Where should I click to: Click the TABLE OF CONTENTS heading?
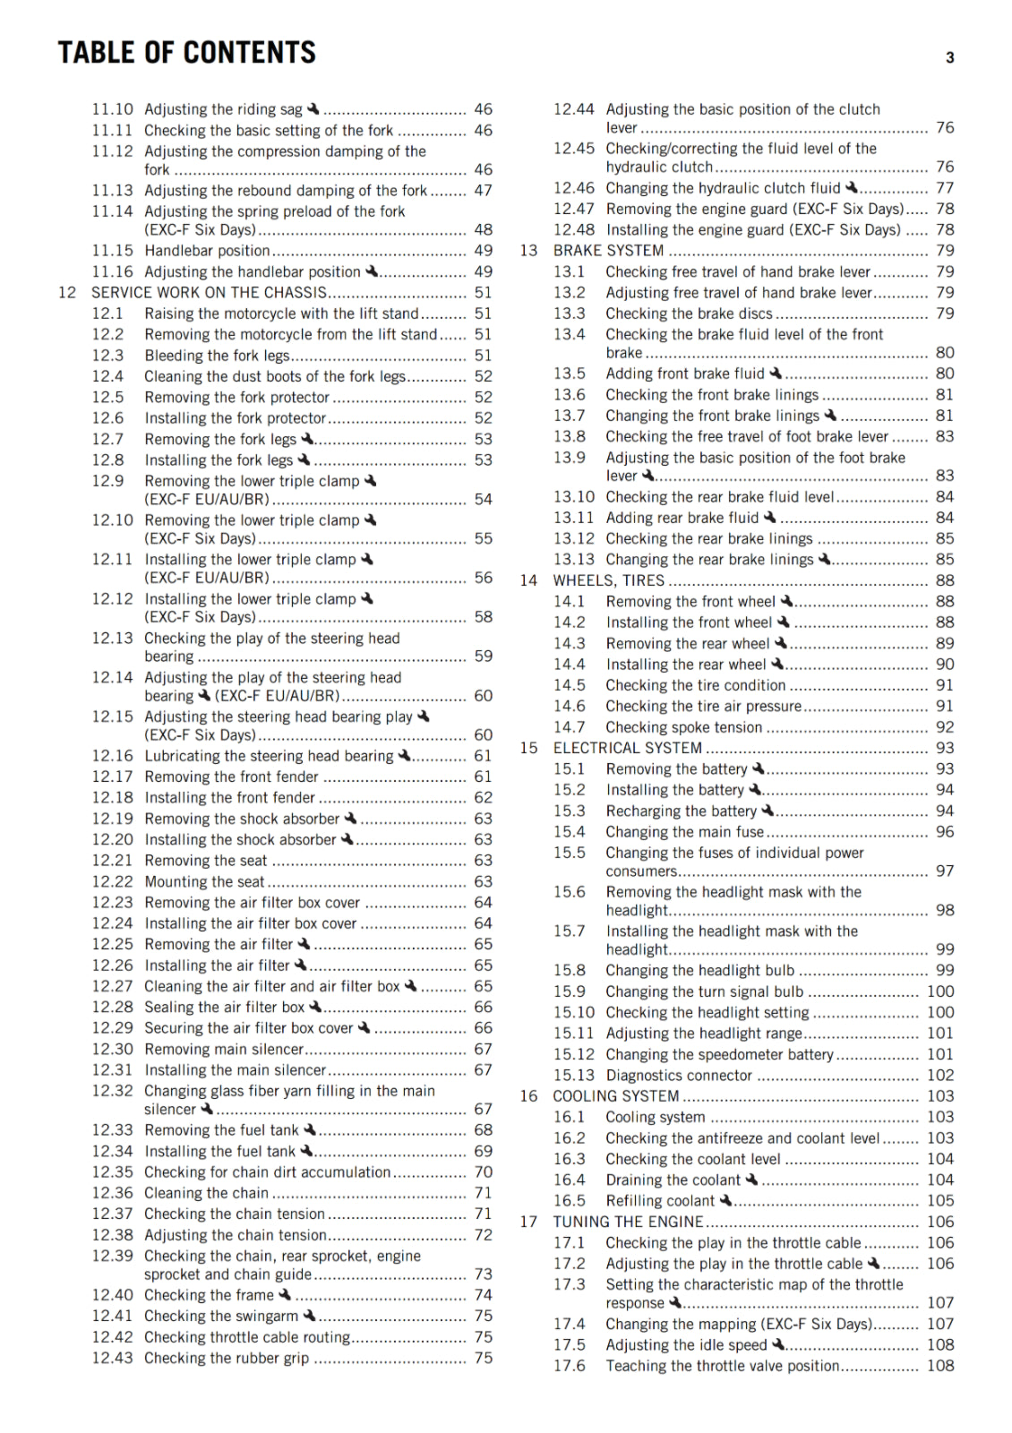[x=186, y=53]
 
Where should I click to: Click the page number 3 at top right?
[x=949, y=58]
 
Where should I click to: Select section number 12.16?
[x=112, y=756]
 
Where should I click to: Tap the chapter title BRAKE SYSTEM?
[x=608, y=251]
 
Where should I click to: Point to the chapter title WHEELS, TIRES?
[x=608, y=580]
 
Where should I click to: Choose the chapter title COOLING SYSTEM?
[x=615, y=1096]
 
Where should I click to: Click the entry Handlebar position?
[x=207, y=251]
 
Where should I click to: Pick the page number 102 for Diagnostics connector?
[x=940, y=1076]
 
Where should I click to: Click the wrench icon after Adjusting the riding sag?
[x=313, y=108]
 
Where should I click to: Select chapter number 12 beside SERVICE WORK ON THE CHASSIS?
[x=67, y=293]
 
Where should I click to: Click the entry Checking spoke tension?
[x=683, y=727]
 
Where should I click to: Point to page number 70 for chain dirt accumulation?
[x=484, y=1172]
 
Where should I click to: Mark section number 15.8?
[x=569, y=970]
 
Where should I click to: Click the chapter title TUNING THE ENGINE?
[x=628, y=1222]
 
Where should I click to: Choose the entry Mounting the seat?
[x=204, y=882]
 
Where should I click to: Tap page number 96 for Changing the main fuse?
[x=945, y=832]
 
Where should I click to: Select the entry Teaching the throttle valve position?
[x=722, y=1366]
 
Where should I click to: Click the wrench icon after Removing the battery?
[x=759, y=768]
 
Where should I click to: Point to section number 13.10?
[x=573, y=497]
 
